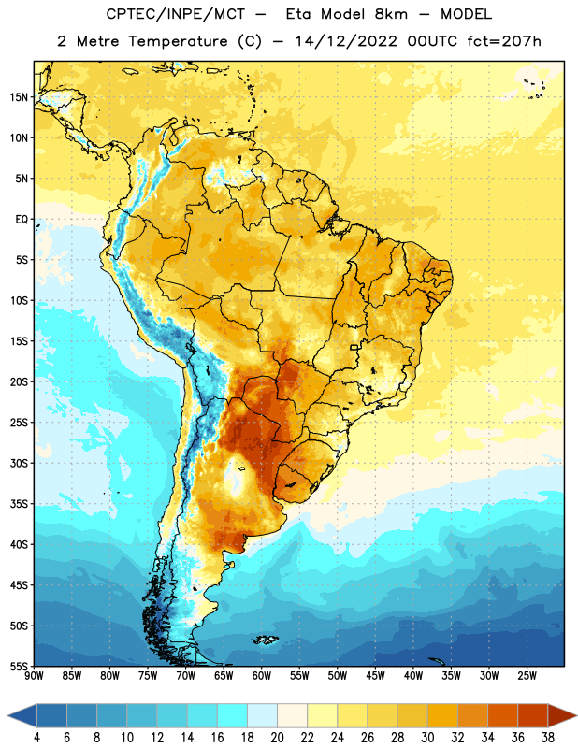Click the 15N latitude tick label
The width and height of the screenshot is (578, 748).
[19, 97]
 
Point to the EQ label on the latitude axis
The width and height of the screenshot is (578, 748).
[22, 220]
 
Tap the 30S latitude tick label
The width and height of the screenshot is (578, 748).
[19, 463]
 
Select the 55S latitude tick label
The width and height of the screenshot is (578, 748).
[19, 667]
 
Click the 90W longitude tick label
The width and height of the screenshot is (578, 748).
[35, 676]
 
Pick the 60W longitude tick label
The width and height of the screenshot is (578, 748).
[262, 676]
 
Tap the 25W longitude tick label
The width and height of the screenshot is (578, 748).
[527, 676]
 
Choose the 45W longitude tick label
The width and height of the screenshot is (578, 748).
[375, 676]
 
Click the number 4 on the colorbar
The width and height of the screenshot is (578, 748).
[36, 738]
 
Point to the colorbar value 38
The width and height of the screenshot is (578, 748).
[547, 738]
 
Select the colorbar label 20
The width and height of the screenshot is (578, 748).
[277, 738]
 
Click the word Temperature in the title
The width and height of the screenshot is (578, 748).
[178, 41]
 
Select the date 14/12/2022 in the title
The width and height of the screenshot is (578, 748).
[346, 41]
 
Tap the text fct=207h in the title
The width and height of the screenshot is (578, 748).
[504, 41]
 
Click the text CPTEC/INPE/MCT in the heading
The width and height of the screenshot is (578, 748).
[176, 14]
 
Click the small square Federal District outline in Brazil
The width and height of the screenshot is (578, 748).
[354, 347]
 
